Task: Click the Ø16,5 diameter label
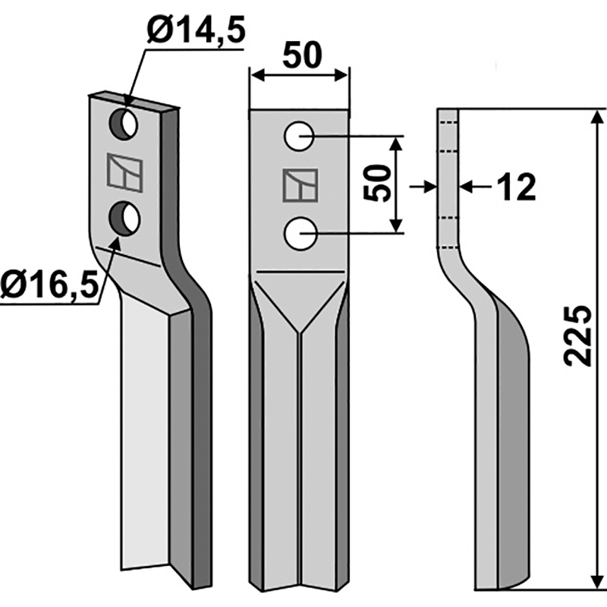50,287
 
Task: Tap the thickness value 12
517,187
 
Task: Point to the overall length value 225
579,336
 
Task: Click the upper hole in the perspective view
125,124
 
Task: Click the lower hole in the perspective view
125,219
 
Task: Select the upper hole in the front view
300,137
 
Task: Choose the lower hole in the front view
300,232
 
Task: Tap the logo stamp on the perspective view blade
125,171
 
